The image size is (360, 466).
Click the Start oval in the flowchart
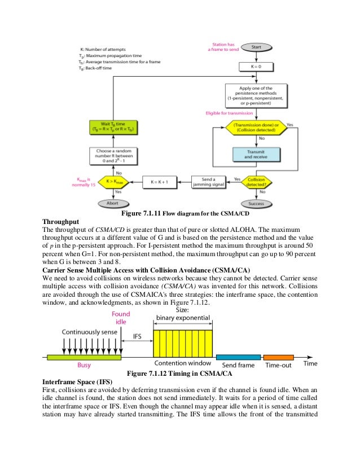pos(255,48)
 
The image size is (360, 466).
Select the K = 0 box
pos(255,67)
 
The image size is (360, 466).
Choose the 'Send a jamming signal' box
pos(208,182)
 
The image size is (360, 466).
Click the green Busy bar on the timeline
pos(84,357)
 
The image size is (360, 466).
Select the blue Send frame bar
pos(238,357)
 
